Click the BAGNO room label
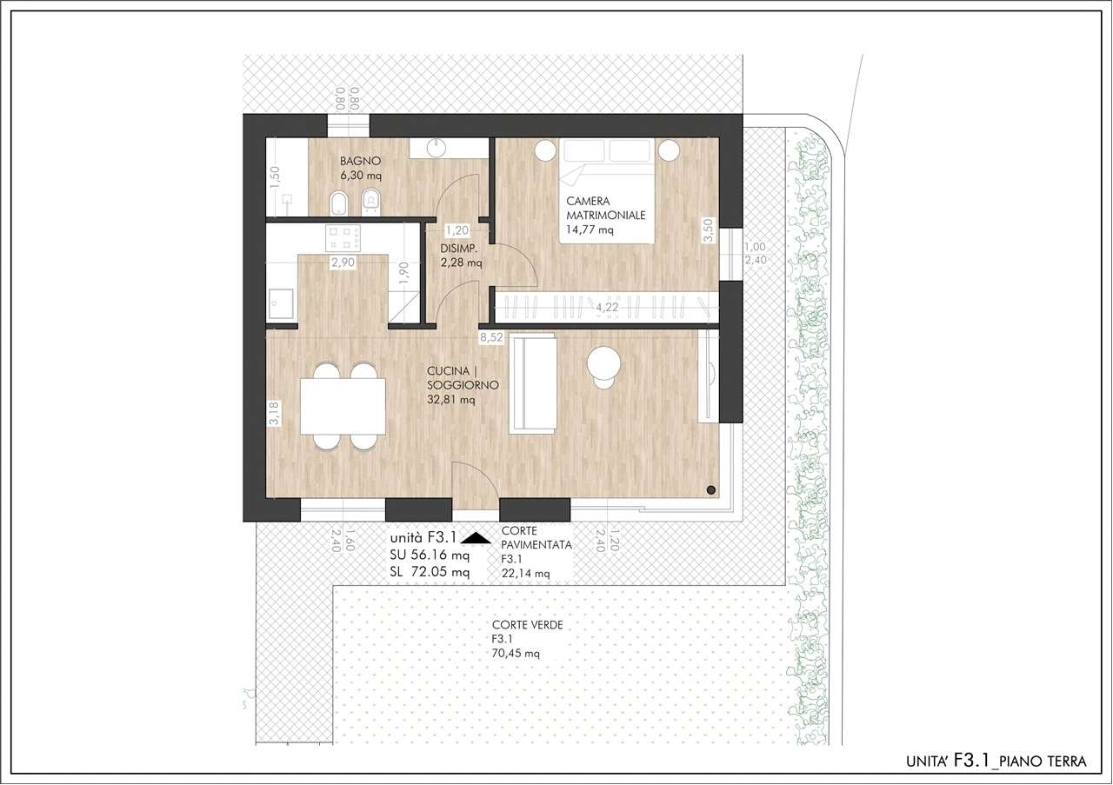coord(361,161)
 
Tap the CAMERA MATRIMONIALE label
coord(606,208)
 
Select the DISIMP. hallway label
coord(459,249)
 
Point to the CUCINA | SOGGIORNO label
coord(463,378)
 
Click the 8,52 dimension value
coord(491,338)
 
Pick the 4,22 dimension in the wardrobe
coord(607,308)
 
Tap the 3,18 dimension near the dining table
coord(274,414)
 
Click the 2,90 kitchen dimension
coord(343,262)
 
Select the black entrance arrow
coord(476,537)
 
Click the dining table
coord(343,407)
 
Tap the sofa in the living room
coord(534,383)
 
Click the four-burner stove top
coord(343,238)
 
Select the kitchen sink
coord(281,304)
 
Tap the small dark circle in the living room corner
coord(711,490)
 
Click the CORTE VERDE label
coord(528,625)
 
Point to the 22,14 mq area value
coord(526,574)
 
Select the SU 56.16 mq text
coord(430,555)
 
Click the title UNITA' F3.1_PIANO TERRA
coord(996,762)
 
